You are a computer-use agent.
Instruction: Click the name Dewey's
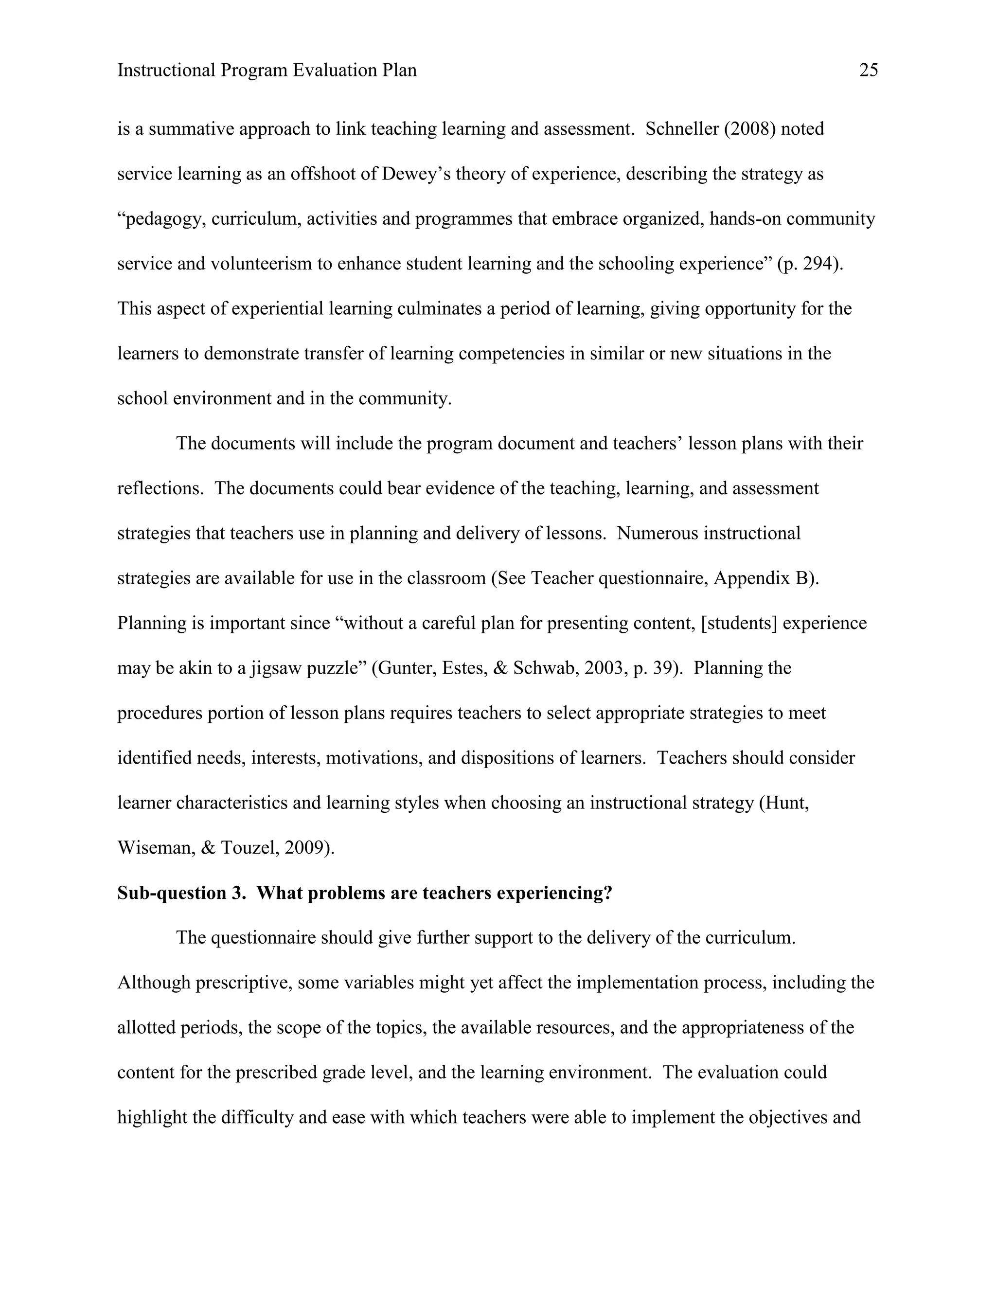point(416,174)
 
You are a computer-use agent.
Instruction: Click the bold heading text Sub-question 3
point(181,894)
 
